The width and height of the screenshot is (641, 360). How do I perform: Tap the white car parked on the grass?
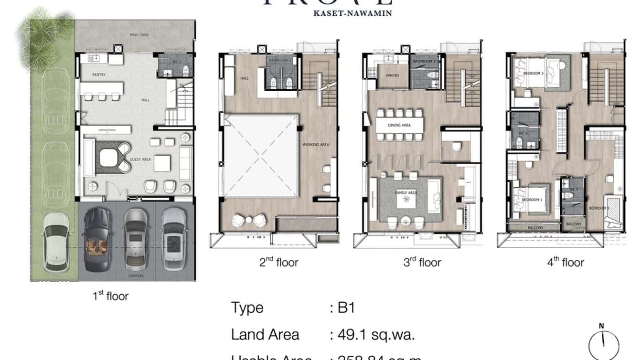coord(55,242)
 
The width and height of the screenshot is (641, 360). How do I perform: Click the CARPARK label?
coord(136,276)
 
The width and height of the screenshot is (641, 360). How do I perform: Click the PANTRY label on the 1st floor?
coord(99,74)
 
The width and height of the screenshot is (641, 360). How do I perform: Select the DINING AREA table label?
coord(400,126)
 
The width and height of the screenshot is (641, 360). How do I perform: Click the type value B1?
coord(346,308)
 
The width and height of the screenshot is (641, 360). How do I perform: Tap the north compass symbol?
coord(603,343)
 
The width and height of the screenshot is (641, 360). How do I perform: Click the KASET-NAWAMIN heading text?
coord(353,13)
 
